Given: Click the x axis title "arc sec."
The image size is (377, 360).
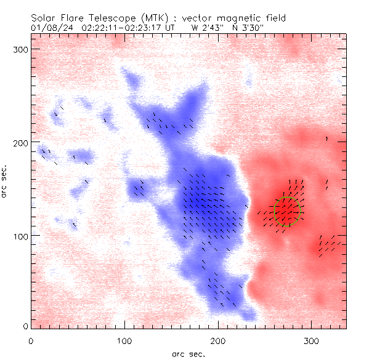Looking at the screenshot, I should (x=188, y=354).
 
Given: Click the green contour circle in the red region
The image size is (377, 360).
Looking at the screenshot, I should (x=287, y=211).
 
